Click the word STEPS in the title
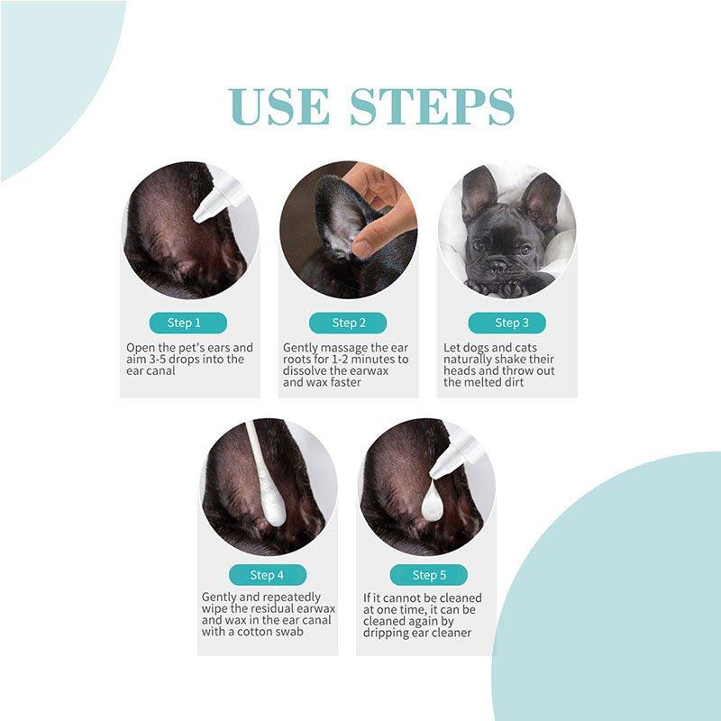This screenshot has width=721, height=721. (x=433, y=107)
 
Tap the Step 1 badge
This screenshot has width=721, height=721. (x=184, y=323)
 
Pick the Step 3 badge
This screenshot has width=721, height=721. (x=507, y=323)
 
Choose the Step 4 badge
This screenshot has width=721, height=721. (x=267, y=575)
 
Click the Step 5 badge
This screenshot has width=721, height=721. (x=428, y=575)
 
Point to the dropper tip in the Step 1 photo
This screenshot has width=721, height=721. (x=200, y=215)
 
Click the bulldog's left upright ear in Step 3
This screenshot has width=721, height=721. (x=478, y=193)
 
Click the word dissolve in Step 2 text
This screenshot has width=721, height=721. (x=306, y=370)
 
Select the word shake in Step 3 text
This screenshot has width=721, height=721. (x=517, y=359)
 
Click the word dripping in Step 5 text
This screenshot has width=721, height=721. (x=388, y=633)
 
